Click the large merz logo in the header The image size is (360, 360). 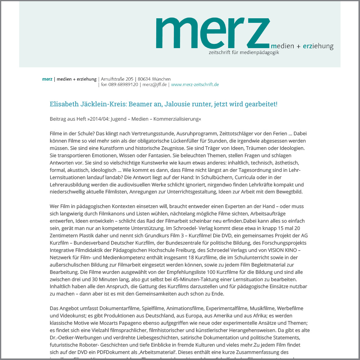[213, 33]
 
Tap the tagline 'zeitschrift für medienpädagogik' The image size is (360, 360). [244, 52]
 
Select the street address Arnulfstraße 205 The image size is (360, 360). [117, 79]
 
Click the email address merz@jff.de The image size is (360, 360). [154, 85]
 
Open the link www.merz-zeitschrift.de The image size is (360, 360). [195, 85]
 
